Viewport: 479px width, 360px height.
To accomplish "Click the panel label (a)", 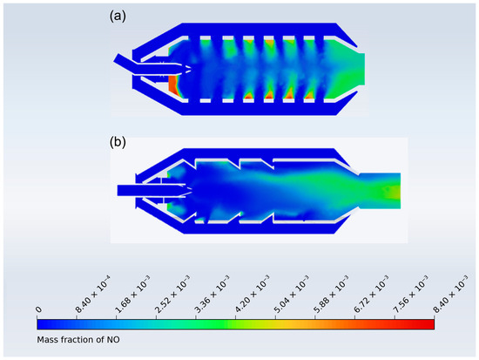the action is (118, 17).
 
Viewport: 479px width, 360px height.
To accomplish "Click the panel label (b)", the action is (118, 142).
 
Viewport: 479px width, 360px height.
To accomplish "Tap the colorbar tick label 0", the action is (38, 309).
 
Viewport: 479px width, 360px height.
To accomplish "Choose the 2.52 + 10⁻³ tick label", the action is (172, 295).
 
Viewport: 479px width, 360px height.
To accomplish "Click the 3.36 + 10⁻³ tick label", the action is (213, 295).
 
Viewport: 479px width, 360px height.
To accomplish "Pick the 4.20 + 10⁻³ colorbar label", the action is (252, 295).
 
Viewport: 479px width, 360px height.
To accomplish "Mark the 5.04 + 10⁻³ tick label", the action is (292, 295).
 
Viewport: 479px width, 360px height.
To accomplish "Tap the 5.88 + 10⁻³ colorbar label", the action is (332, 295).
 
